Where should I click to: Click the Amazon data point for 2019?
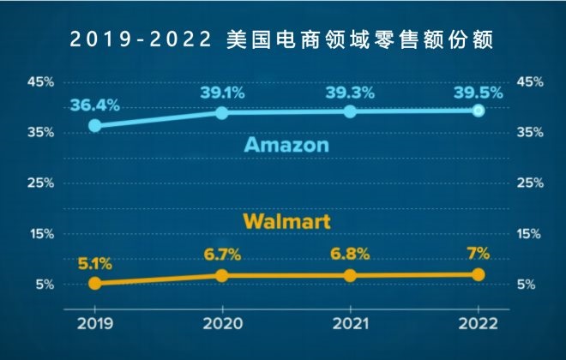(94, 125)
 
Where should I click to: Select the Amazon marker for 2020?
(222, 113)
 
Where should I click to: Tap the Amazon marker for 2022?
(479, 111)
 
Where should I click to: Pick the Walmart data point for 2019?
(94, 283)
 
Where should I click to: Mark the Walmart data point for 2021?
(350, 275)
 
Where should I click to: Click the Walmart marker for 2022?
(479, 274)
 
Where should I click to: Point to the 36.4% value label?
(93, 105)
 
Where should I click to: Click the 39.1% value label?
(222, 93)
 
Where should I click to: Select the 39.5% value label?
(478, 92)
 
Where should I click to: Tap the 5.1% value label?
(94, 263)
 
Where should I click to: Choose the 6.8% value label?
(350, 255)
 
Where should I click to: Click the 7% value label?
(479, 254)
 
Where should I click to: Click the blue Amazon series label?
(286, 145)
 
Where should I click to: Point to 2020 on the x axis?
(222, 325)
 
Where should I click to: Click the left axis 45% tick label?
(41, 81)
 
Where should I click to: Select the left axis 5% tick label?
(45, 285)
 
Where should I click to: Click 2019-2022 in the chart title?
(140, 40)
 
